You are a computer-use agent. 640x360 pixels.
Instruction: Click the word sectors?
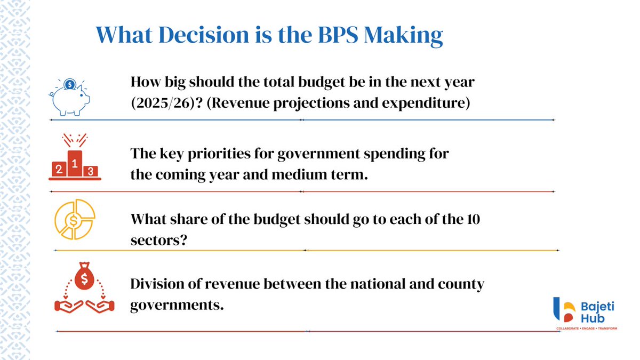click(x=158, y=240)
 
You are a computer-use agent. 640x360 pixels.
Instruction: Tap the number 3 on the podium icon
click(x=91, y=171)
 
